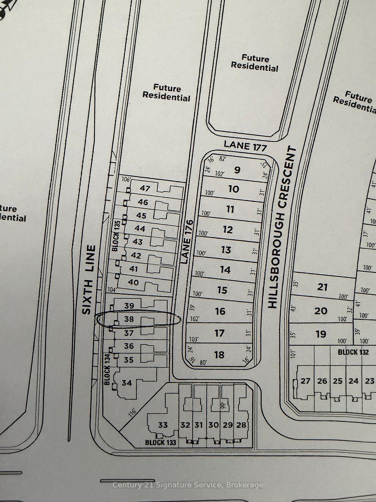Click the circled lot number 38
(129, 319)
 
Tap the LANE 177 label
(245, 146)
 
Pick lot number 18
(219, 355)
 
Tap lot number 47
(145, 188)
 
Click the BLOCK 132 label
(353, 352)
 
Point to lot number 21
(322, 287)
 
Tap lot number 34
(127, 383)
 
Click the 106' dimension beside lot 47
(126, 179)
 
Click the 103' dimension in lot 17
(193, 339)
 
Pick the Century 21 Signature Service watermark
(188, 485)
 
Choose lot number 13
(226, 250)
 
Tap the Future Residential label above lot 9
(255, 63)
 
